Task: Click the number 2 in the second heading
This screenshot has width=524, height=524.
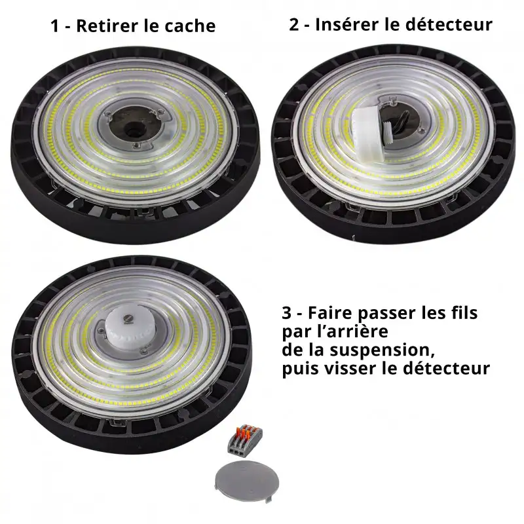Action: pyautogui.click(x=293, y=25)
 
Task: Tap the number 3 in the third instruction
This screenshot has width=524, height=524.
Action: pyautogui.click(x=286, y=314)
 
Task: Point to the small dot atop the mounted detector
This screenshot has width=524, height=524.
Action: pyautogui.click(x=132, y=317)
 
